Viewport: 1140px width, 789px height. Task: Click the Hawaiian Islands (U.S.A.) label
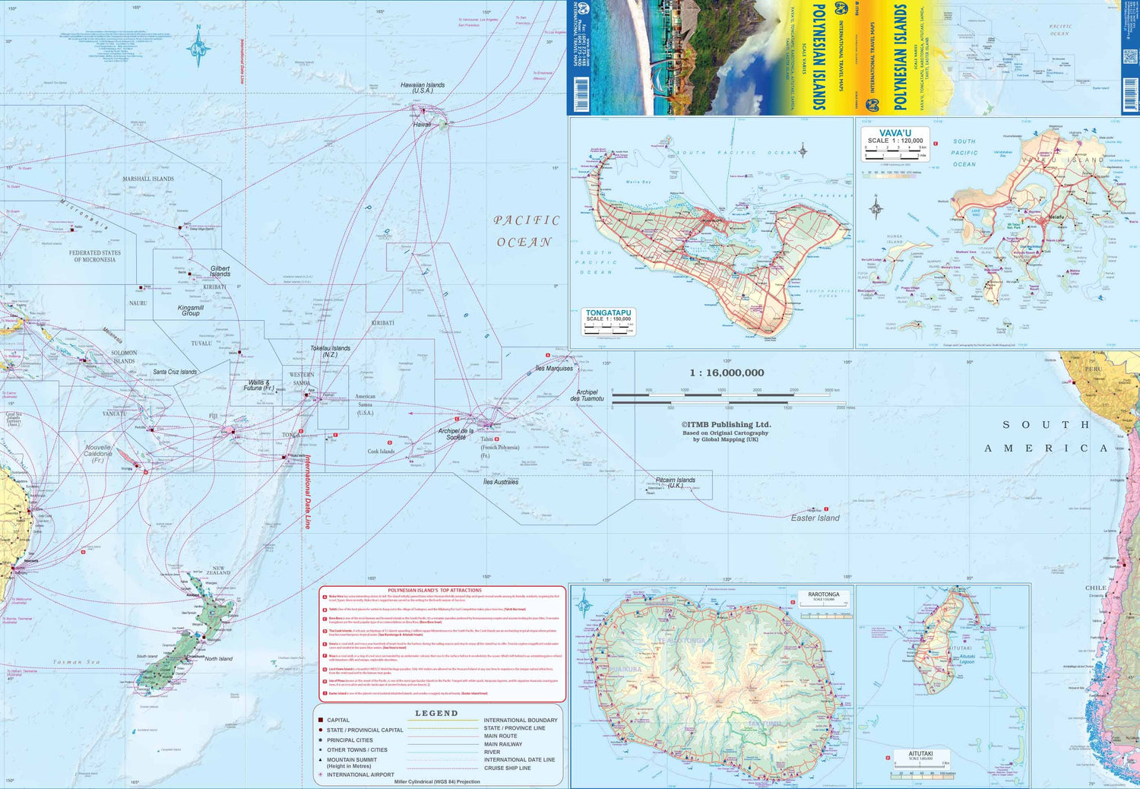(x=423, y=87)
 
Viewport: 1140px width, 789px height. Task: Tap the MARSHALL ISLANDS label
(x=148, y=179)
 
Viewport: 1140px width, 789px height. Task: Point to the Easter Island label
(x=815, y=518)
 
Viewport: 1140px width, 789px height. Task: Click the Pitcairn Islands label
(x=675, y=482)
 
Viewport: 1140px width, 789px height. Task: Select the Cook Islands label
(x=381, y=452)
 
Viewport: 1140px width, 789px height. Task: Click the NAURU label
(x=138, y=303)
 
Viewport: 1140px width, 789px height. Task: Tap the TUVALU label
(x=201, y=344)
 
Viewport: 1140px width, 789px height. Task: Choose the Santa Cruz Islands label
(x=175, y=372)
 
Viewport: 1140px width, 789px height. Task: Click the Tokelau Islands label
(x=330, y=351)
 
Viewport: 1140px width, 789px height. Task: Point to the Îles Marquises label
(x=554, y=369)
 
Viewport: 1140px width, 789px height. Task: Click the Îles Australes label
(x=501, y=482)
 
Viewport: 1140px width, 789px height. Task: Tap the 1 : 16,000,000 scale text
(x=727, y=372)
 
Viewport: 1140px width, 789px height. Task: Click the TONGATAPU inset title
(x=608, y=312)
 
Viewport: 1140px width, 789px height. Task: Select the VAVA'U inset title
(x=895, y=133)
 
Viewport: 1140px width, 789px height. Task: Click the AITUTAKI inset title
(x=920, y=754)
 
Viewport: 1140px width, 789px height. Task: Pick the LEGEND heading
(x=436, y=713)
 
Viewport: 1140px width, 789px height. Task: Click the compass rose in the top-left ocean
(x=199, y=47)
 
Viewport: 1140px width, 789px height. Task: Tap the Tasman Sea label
(x=76, y=662)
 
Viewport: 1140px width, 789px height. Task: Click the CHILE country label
(x=1095, y=588)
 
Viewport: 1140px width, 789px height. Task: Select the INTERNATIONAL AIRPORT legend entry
(x=360, y=775)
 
